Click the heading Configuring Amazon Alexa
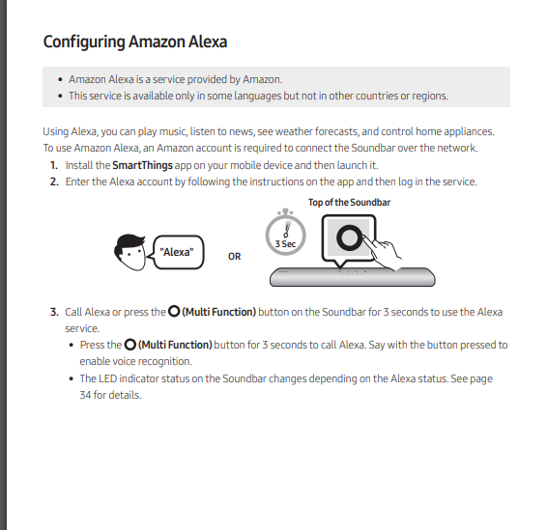(135, 42)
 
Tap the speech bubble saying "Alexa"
(176, 252)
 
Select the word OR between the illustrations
(235, 257)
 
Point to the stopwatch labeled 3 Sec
(284, 235)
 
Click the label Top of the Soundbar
(349, 203)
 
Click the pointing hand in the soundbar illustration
(389, 253)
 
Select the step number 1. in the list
(54, 166)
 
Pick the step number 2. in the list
(54, 181)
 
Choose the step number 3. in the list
(54, 312)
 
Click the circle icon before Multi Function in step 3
(173, 312)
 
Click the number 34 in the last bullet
(86, 395)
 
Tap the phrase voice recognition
(151, 361)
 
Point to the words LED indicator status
(135, 378)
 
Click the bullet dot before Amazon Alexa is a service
(60, 79)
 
